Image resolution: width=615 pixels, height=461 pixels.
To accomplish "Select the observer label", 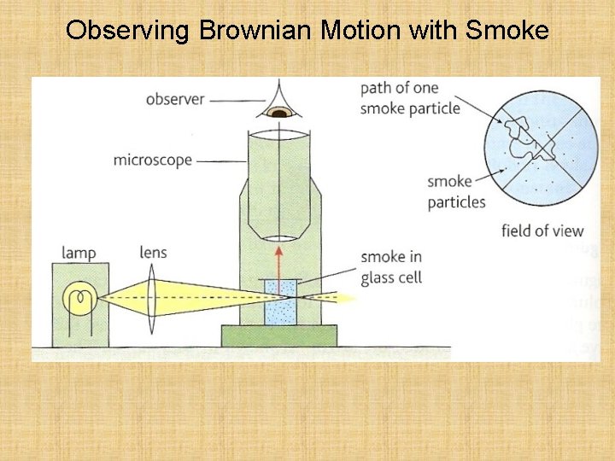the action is click(175, 99).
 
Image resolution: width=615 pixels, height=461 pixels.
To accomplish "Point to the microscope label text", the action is click(152, 160).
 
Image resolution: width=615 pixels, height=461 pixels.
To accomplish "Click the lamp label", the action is click(79, 253).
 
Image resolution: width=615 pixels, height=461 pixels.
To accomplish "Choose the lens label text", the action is click(153, 253).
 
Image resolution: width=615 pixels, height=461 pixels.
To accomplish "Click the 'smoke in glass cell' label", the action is click(391, 267).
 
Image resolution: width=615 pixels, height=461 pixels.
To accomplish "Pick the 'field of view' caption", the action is click(542, 230).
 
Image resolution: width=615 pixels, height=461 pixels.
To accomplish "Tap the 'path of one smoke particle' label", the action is click(410, 98).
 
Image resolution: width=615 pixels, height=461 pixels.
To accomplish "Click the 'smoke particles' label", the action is click(456, 191).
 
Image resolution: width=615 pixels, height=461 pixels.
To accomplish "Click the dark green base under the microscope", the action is click(278, 336).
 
